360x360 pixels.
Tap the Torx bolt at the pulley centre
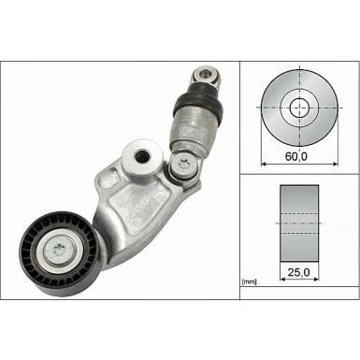click(x=60, y=249)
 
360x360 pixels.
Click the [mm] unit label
click(x=249, y=281)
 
